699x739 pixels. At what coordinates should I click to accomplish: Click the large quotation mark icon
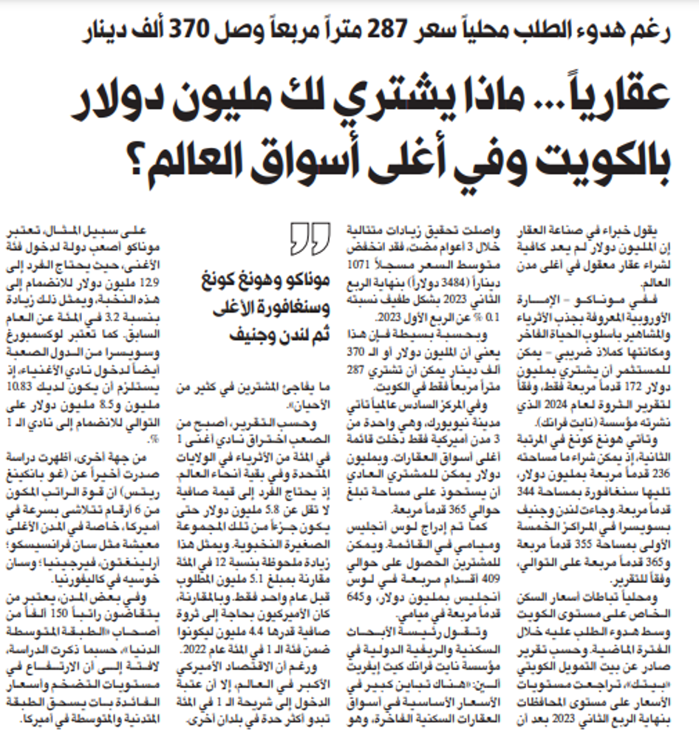304,239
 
